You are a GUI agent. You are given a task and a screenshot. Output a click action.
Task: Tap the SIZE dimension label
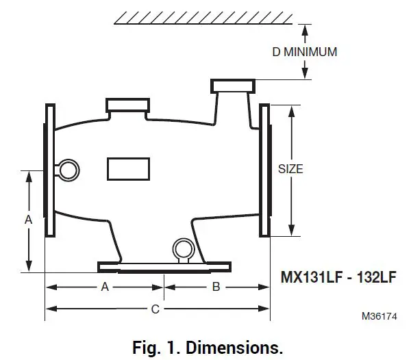pos(290,168)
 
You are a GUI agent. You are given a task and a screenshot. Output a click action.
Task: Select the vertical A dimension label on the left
pos(28,220)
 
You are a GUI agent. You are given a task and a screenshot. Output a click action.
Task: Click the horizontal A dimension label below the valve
pos(105,287)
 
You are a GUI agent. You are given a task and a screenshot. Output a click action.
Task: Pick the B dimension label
pos(215,287)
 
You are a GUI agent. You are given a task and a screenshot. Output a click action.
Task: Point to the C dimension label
pos(155,309)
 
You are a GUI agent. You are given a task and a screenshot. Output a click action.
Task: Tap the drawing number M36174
pos(379,317)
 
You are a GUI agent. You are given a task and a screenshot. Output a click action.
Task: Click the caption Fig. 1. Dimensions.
pos(206,345)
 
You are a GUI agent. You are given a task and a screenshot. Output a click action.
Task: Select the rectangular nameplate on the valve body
pos(128,168)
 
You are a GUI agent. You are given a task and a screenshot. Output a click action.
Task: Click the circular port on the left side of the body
pos(68,168)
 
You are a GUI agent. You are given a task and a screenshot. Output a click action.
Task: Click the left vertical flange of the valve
pos(50,170)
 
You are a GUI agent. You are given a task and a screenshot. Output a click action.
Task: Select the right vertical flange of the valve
pos(264,170)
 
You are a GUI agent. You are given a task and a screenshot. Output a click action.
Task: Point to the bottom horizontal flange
pos(164,266)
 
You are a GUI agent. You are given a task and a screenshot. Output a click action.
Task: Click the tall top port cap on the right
pos(233,86)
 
